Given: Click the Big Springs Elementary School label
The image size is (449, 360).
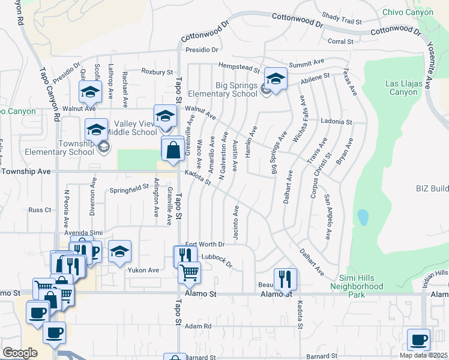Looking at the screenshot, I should tap(223, 89).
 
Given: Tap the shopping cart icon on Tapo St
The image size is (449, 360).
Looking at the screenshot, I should tap(190, 272).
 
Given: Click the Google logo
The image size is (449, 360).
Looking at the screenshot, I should tap(20, 353).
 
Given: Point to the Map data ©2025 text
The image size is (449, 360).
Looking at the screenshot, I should tap(424, 355).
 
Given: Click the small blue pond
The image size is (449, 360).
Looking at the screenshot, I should tap(362, 217).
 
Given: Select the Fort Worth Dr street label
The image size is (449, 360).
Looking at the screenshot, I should tap(205, 244).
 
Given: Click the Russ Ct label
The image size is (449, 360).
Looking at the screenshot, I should tap(40, 210).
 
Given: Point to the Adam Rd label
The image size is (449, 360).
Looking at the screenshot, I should tap(199, 326).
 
